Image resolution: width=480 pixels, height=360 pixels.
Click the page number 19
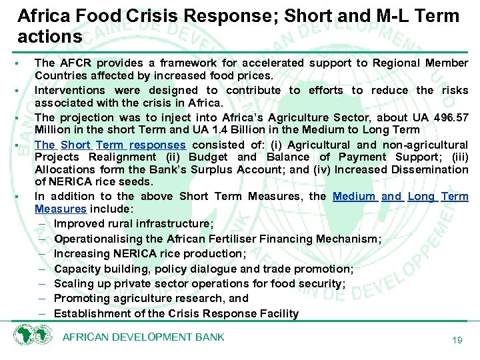457,341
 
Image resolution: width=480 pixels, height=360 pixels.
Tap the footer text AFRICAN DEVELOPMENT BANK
143,337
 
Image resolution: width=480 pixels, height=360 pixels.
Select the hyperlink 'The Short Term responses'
110,145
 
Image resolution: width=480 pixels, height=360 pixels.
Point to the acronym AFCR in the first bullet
75,63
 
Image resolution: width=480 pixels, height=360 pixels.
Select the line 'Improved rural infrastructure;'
133,223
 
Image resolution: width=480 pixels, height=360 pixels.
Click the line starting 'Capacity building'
203,269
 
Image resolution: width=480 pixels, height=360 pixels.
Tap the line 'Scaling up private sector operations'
199,283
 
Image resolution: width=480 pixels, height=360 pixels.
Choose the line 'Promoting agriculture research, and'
151,298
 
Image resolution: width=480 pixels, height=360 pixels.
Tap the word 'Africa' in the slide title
41,16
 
